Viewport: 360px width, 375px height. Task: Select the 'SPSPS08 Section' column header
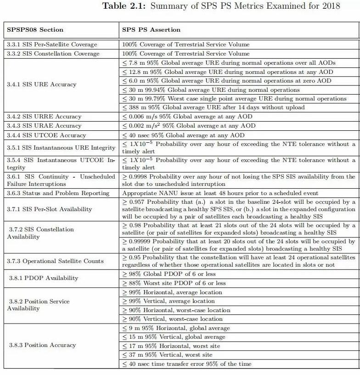(x=35, y=30)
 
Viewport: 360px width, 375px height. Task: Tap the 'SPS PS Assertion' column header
(x=151, y=30)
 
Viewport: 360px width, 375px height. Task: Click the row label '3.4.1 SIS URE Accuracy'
(x=41, y=85)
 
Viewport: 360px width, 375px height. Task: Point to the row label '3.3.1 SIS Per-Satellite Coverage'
(x=52, y=45)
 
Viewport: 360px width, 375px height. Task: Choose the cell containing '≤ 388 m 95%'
(x=213, y=107)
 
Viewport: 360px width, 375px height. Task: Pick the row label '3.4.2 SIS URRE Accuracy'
(x=44, y=117)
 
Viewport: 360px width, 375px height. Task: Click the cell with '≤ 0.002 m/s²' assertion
(x=188, y=126)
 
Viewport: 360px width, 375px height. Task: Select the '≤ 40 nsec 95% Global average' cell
(x=183, y=135)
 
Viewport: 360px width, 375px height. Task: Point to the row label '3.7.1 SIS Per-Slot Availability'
(x=50, y=209)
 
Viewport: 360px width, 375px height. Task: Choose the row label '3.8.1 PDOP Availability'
(x=44, y=278)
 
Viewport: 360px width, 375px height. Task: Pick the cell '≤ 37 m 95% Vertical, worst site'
(x=167, y=355)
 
